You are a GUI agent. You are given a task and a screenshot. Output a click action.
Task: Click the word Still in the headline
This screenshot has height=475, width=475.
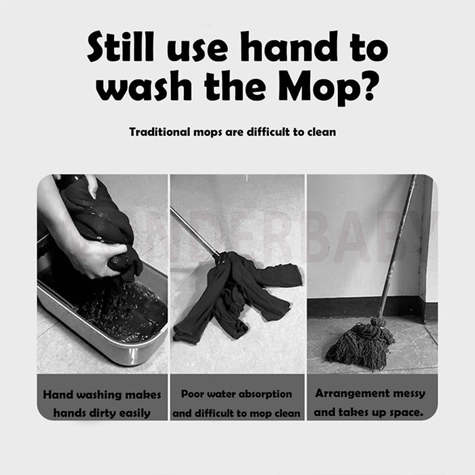[x=121, y=47]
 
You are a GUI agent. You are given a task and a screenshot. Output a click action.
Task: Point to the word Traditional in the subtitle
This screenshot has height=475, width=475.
[x=159, y=132]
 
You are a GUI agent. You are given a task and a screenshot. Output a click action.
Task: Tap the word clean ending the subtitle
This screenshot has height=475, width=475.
[x=322, y=132]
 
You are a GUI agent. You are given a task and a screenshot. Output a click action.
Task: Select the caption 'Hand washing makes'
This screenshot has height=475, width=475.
[x=102, y=395]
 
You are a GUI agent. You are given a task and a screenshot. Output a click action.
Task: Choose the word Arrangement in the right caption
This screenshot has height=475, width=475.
[x=349, y=394]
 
